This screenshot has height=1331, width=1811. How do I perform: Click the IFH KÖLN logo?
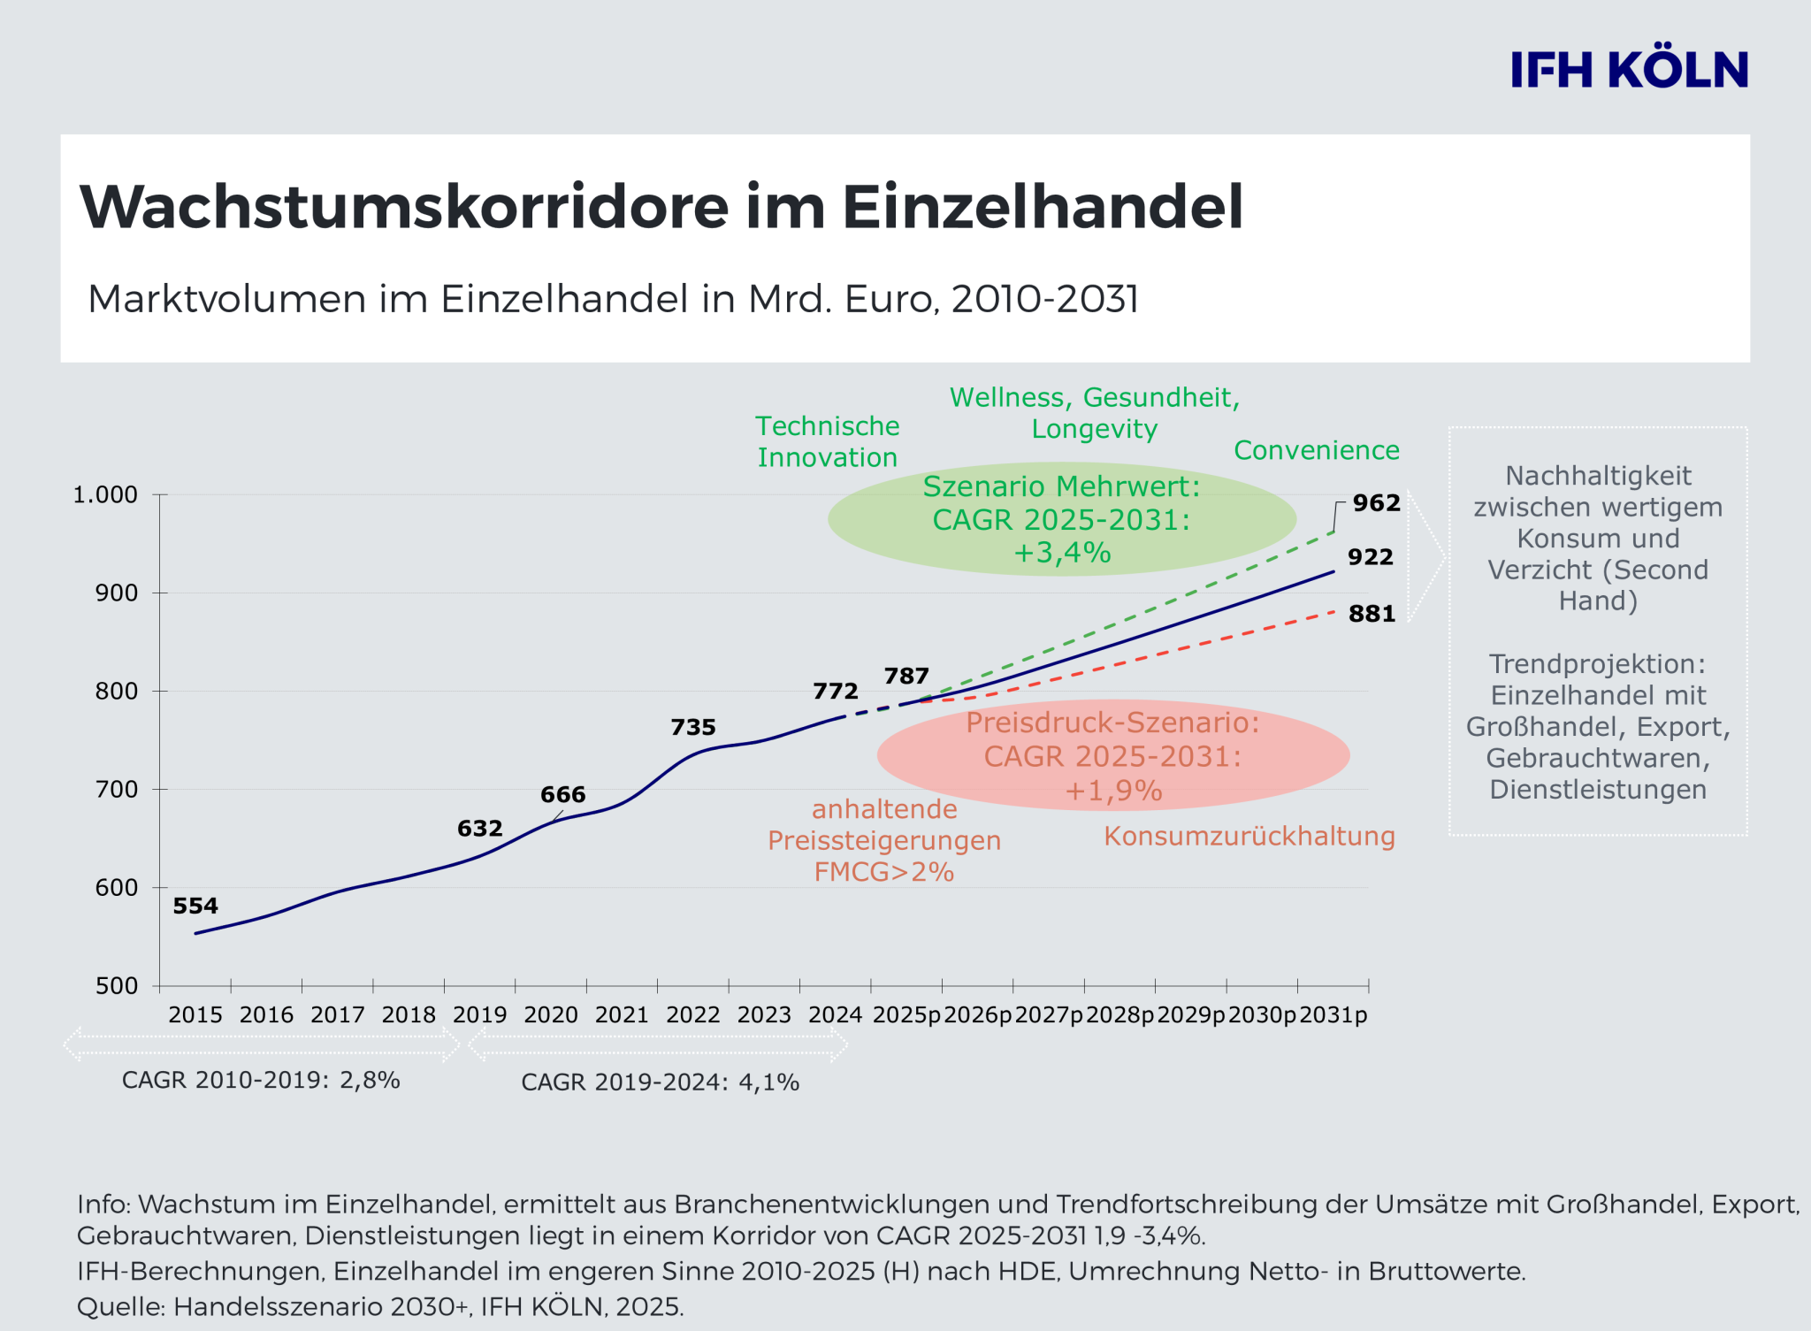(x=1629, y=70)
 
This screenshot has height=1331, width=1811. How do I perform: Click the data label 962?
(x=1376, y=503)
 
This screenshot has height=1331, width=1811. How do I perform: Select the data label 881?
(x=1372, y=614)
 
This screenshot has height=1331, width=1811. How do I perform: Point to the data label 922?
(x=1370, y=557)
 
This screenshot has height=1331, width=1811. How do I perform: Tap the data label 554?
(x=195, y=906)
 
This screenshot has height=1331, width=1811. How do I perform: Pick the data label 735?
(x=692, y=727)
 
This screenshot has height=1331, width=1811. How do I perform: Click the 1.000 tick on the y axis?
(x=105, y=494)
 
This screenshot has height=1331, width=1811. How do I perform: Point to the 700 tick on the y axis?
(x=117, y=789)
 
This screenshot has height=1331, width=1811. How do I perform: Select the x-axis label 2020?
(x=551, y=1014)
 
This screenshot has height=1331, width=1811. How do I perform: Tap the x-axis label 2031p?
(x=1333, y=1014)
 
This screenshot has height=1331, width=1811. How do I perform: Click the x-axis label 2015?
(x=195, y=1014)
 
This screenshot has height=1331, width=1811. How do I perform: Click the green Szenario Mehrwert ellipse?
(x=1061, y=519)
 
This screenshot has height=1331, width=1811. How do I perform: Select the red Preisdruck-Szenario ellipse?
(x=1112, y=756)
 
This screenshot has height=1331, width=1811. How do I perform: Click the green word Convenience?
(x=1316, y=450)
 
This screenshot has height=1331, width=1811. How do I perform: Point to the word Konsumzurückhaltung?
(x=1249, y=836)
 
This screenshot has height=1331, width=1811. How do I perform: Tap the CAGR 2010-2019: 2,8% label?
(x=261, y=1080)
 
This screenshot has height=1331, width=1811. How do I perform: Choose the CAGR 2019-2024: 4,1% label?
(x=660, y=1082)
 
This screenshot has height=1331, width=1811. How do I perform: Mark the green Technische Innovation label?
(x=827, y=441)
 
